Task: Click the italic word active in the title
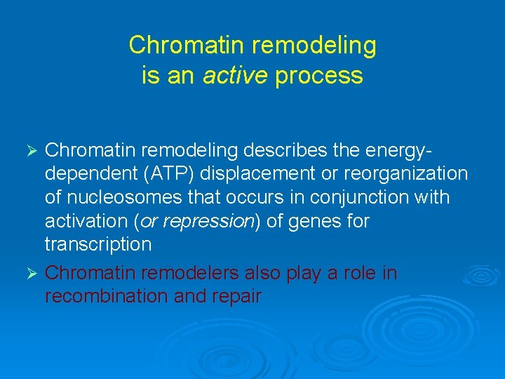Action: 234,75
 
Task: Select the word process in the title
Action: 318,75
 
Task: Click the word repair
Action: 236,297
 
